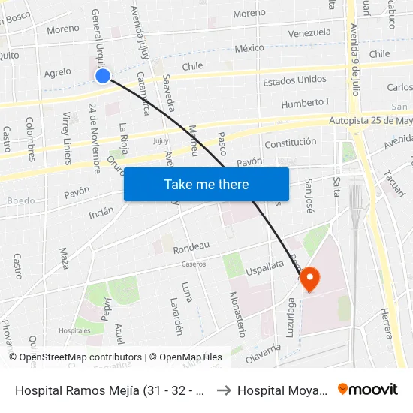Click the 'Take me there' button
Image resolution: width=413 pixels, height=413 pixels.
206,185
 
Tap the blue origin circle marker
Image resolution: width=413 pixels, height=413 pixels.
104,75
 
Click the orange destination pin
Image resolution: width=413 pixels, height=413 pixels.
309,279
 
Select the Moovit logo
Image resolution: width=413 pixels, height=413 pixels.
368,390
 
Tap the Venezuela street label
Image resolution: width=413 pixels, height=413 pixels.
309,33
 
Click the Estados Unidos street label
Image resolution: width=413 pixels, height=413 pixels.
294,80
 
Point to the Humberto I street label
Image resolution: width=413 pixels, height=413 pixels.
306,103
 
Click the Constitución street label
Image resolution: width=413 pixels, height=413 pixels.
291,142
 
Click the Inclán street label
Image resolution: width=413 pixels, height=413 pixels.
101,212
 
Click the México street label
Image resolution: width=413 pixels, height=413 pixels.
249,48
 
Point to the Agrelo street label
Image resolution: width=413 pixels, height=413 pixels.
58,73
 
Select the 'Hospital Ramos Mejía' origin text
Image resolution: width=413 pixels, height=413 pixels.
104,390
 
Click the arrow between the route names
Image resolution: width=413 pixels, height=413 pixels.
223,390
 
